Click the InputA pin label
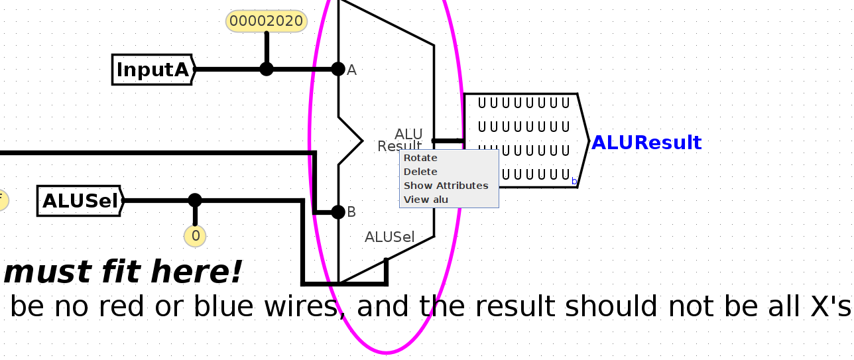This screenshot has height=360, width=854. point(153,70)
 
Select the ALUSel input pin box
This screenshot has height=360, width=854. point(80,201)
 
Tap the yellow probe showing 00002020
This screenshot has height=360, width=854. point(267,21)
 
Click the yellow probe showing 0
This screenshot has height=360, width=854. point(195,235)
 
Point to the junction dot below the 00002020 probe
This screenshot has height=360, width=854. point(267,69)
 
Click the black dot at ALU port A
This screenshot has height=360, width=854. point(338,69)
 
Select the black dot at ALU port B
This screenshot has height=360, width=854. point(338,212)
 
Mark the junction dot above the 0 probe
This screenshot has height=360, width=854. point(195,200)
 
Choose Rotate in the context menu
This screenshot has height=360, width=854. point(420,158)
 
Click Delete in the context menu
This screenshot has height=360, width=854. point(420,172)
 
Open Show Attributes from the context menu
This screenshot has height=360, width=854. point(446,186)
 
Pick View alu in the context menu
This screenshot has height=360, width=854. point(426,200)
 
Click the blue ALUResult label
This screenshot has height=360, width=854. point(646,143)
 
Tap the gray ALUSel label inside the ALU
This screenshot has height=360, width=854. point(389,237)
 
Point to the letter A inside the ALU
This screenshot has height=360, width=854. point(352,70)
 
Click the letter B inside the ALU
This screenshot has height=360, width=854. point(352,212)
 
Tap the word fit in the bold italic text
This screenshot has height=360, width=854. point(123,272)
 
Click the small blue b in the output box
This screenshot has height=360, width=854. point(574,181)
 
